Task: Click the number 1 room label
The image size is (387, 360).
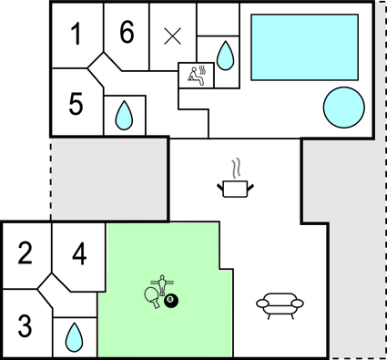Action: coord(76,36)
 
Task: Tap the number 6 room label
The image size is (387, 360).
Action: coord(127,33)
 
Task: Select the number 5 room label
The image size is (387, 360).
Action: coord(76,103)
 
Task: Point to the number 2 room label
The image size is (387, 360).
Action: coord(25,252)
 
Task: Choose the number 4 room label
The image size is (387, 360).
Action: coord(79,252)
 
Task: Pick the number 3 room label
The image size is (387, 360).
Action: coord(25,324)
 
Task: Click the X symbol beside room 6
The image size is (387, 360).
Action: coord(172,36)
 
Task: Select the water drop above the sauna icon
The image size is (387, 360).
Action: coord(225,57)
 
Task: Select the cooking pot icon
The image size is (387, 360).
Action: coord(235,188)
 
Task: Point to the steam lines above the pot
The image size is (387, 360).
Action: coord(236,168)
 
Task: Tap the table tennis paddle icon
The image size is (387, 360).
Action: coord(151,295)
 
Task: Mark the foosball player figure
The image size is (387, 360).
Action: coord(164,285)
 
